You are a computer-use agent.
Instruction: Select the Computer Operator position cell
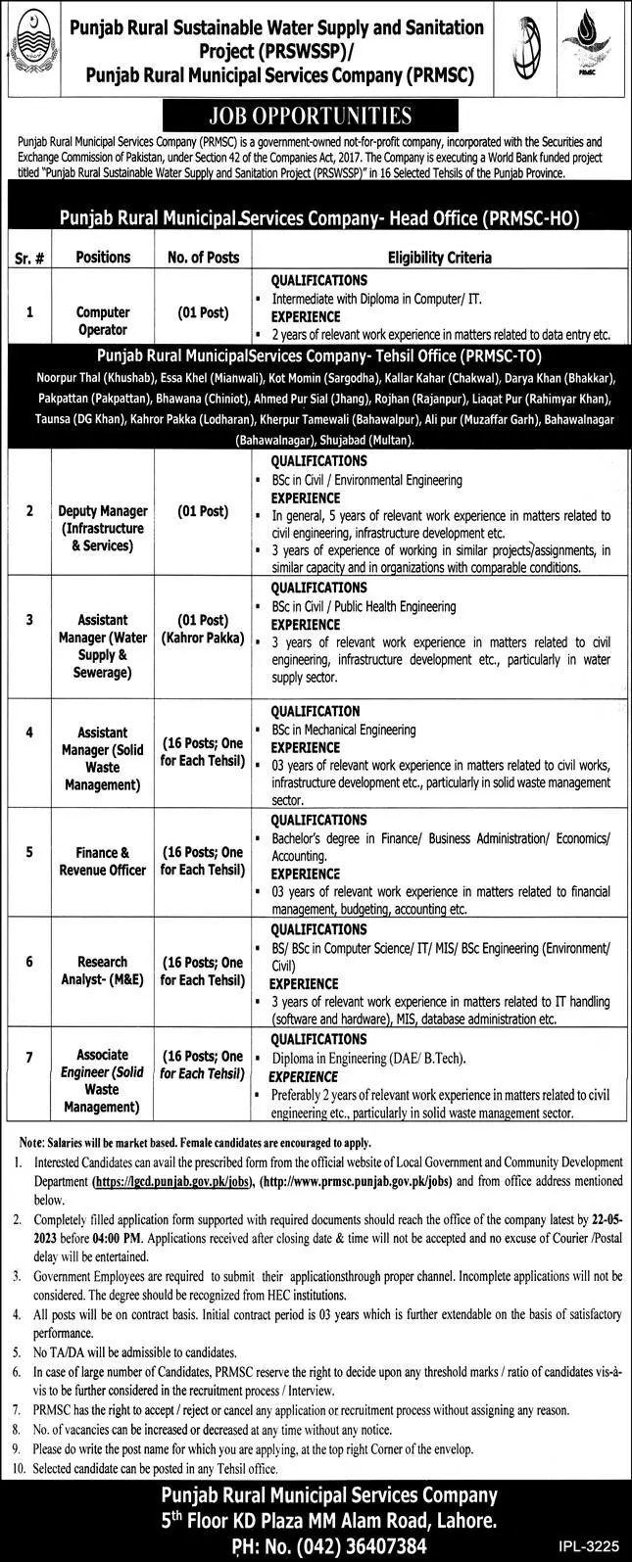pos(103,322)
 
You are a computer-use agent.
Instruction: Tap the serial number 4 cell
pos(30,731)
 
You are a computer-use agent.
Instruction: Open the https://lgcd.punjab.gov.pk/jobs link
pos(170,1183)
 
